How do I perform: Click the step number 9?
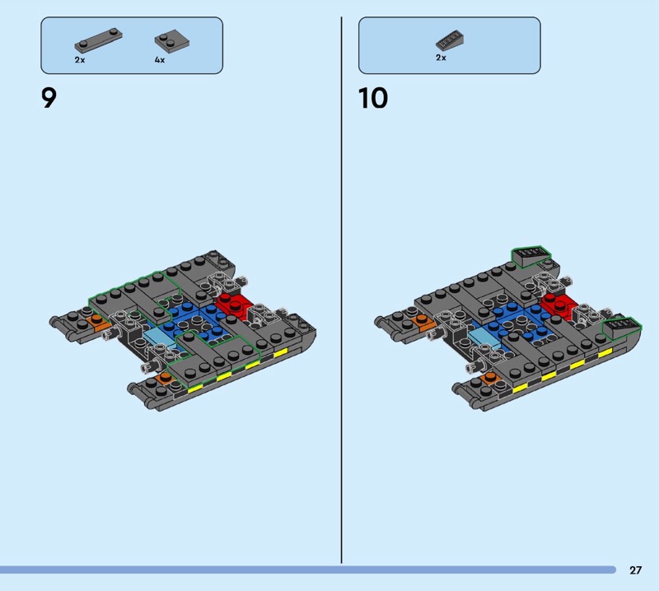point(49,99)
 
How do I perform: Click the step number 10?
point(373,99)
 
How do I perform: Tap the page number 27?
point(635,570)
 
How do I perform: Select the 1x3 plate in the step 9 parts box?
point(98,40)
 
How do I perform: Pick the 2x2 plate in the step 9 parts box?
point(172,40)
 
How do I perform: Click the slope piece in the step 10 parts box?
point(450,40)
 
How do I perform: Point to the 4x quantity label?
point(160,60)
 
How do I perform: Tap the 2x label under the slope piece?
point(441,58)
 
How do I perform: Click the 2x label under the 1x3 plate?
point(80,60)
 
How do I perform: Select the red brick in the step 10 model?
point(559,304)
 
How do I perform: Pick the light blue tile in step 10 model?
point(484,337)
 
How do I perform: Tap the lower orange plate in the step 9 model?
point(164,379)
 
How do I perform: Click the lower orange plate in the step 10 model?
point(490,379)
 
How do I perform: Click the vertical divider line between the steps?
point(341,290)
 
